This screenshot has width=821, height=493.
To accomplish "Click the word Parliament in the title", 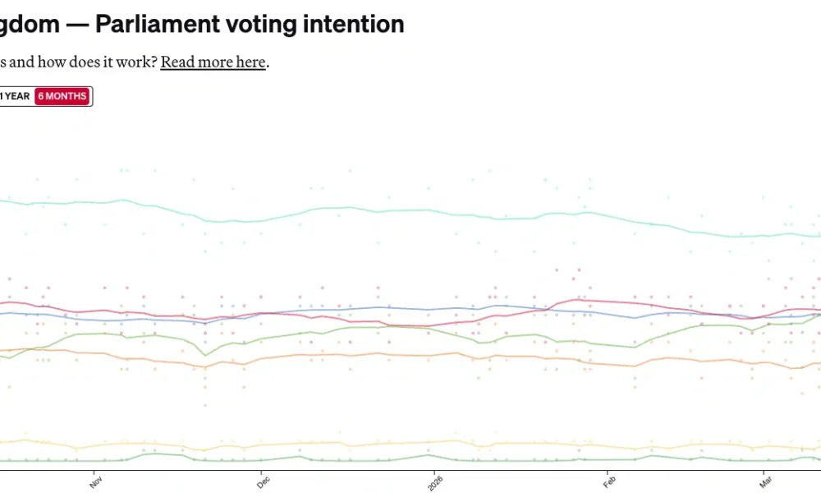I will click(x=153, y=24).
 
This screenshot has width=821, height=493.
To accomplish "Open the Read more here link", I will click(x=213, y=62).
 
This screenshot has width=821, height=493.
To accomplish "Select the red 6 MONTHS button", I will click(x=62, y=96).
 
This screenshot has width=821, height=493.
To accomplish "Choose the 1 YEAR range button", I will click(x=15, y=96).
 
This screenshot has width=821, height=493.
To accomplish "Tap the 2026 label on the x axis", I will click(x=434, y=482).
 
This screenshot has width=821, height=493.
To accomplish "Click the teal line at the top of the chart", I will click(x=410, y=210).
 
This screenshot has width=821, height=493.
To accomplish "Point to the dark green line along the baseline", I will click(x=328, y=460).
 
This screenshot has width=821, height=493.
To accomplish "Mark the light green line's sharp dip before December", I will click(x=205, y=355).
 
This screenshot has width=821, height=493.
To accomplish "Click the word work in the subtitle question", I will click(x=133, y=62).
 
